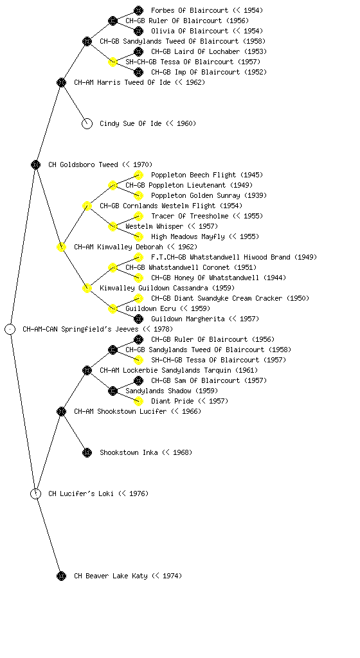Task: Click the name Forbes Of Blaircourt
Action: point(190,10)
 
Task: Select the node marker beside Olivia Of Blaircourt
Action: point(138,31)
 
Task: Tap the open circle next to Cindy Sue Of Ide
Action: point(87,123)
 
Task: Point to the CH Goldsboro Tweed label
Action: point(83,164)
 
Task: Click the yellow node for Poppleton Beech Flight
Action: point(138,175)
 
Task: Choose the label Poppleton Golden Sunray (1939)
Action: point(209,195)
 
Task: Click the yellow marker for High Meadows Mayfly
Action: point(138,236)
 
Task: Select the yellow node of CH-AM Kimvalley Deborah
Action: point(61,247)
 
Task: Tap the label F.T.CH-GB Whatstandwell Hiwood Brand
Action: point(221,257)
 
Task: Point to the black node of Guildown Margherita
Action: point(138,319)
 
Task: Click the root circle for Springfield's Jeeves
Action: point(10,329)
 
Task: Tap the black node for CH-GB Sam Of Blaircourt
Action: point(138,380)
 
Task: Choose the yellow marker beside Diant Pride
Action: point(138,401)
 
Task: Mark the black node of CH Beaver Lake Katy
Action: point(61,576)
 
